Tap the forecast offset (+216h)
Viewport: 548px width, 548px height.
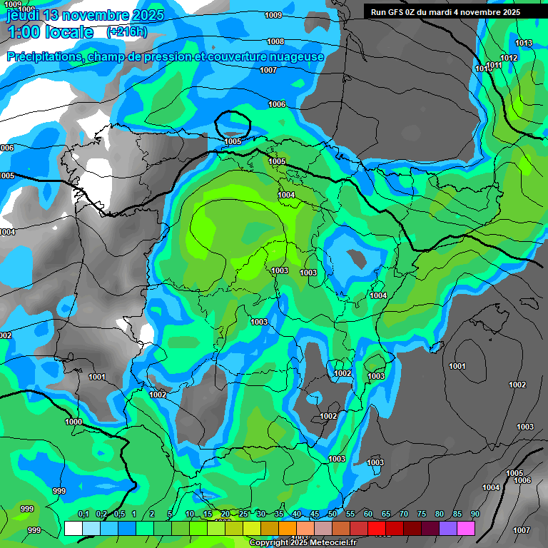(126, 32)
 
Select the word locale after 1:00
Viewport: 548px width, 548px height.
(68, 32)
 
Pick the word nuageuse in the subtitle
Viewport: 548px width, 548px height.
(295, 56)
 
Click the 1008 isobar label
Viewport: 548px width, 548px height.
(275, 42)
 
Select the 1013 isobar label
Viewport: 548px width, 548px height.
(524, 44)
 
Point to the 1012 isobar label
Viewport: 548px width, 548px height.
(509, 58)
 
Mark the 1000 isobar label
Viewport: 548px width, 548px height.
(73, 422)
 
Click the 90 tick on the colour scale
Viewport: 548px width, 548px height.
(475, 514)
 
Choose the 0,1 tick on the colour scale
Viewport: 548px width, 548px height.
(83, 514)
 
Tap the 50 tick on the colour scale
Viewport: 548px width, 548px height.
(332, 514)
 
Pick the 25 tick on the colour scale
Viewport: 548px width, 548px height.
(243, 514)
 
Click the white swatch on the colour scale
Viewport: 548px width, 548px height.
(73, 528)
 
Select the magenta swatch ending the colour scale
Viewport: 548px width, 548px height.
(466, 528)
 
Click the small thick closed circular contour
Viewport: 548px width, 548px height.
(233, 123)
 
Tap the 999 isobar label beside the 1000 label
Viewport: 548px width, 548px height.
(59, 491)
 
